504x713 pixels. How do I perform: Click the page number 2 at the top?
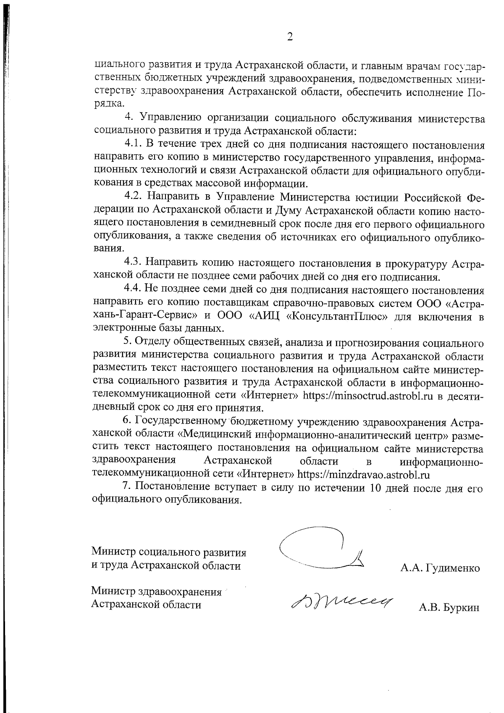(289, 37)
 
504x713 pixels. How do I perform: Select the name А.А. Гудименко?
(440, 569)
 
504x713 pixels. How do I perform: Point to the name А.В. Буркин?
(449, 607)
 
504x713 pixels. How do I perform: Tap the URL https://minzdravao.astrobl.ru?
(364, 475)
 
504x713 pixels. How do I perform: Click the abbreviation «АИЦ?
(267, 316)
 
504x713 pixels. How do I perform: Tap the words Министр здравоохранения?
(156, 592)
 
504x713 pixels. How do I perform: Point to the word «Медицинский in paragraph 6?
(216, 435)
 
